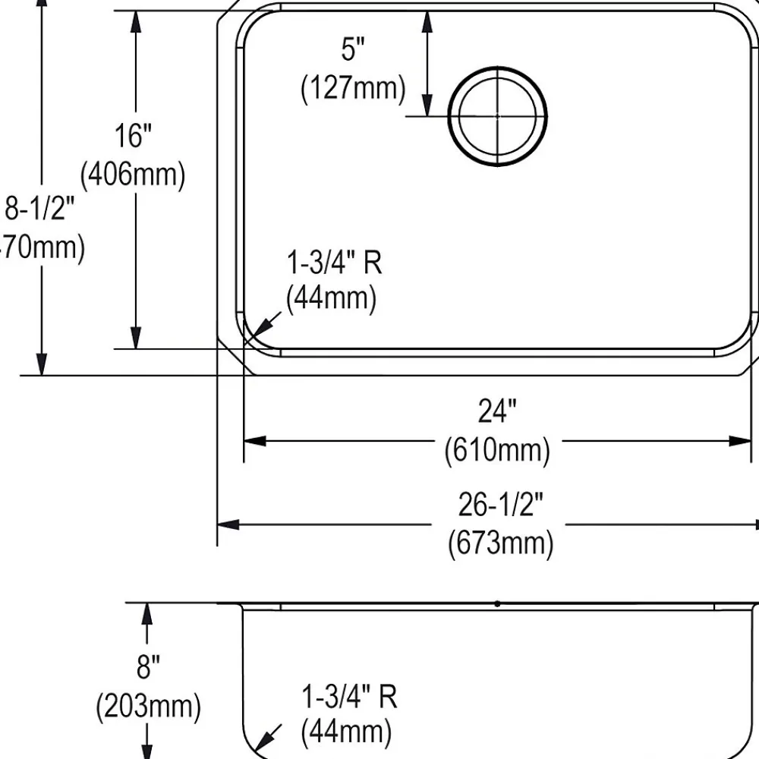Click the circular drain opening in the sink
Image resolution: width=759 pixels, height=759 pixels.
pos(497,115)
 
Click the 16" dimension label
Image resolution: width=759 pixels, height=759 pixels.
pos(134,137)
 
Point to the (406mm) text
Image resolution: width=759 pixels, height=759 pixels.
pos(134,175)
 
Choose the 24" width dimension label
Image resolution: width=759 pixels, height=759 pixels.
pos(497,412)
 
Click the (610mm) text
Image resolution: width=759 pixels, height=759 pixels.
pos(497,451)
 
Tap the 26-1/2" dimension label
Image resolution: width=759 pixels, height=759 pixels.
pos(500,504)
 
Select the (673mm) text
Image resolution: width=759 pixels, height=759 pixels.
pos(500,543)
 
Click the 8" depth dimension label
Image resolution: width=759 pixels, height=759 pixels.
pos(147,669)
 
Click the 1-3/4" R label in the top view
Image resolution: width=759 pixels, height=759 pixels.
pos(334,263)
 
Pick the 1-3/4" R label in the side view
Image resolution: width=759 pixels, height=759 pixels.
pos(350,696)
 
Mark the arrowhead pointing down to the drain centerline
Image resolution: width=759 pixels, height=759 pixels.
pos(428,106)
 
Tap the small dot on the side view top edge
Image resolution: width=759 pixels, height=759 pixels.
pos(497,604)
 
